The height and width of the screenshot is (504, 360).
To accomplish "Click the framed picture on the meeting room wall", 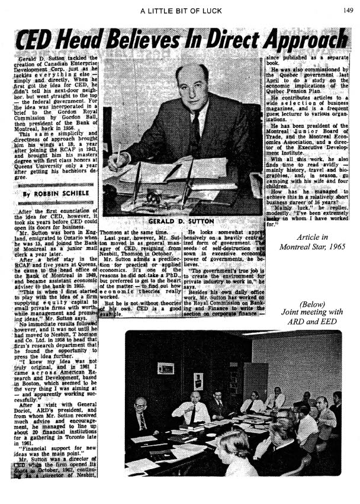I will tap(165, 368).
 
